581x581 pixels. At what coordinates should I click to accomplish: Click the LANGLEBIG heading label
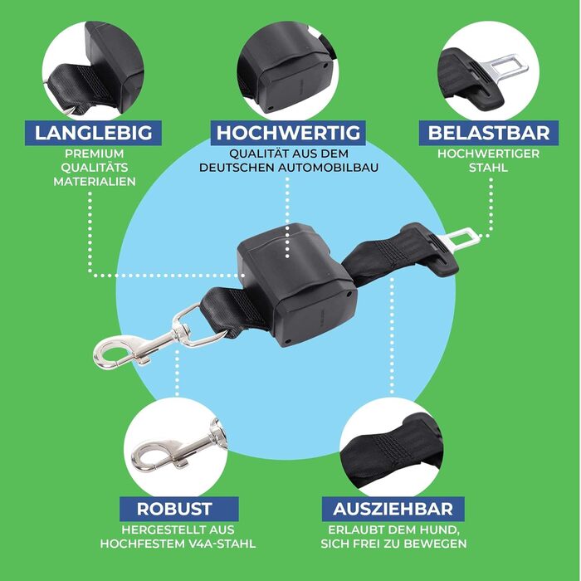coord(93,133)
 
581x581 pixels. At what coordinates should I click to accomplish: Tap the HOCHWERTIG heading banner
coord(288,133)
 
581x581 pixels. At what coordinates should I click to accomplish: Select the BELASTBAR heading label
coord(489,133)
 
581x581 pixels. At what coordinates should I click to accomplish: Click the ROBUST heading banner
coord(178,509)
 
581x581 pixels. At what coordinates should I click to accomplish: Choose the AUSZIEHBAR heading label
coord(393,509)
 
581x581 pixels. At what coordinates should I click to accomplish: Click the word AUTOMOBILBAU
coord(328,168)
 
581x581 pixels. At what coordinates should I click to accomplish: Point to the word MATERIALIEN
coord(95,182)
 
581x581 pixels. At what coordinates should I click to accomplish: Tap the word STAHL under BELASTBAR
coord(488,168)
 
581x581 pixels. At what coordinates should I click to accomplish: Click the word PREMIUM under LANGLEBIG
coord(95,154)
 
